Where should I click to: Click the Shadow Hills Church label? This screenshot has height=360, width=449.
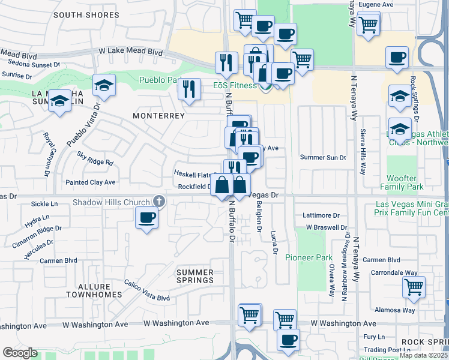coord(111,202)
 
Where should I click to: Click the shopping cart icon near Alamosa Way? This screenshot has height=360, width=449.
coord(414,287)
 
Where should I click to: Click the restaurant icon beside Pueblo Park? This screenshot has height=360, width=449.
coord(190,89)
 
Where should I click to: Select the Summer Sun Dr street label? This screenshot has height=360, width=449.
coord(323,158)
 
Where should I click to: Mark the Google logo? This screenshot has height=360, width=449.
coord(20,353)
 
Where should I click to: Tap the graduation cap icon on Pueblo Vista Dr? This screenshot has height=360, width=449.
coord(104,85)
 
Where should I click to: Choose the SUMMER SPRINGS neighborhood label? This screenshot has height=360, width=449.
coord(195,276)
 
